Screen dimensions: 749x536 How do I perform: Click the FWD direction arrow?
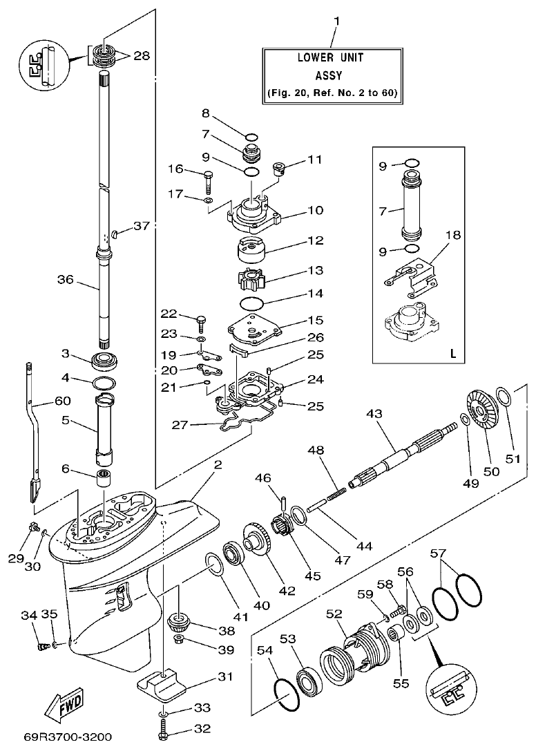[x=64, y=699]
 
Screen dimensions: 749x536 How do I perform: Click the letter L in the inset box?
[x=453, y=353]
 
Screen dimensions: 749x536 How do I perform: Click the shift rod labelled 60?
[x=32, y=421]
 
